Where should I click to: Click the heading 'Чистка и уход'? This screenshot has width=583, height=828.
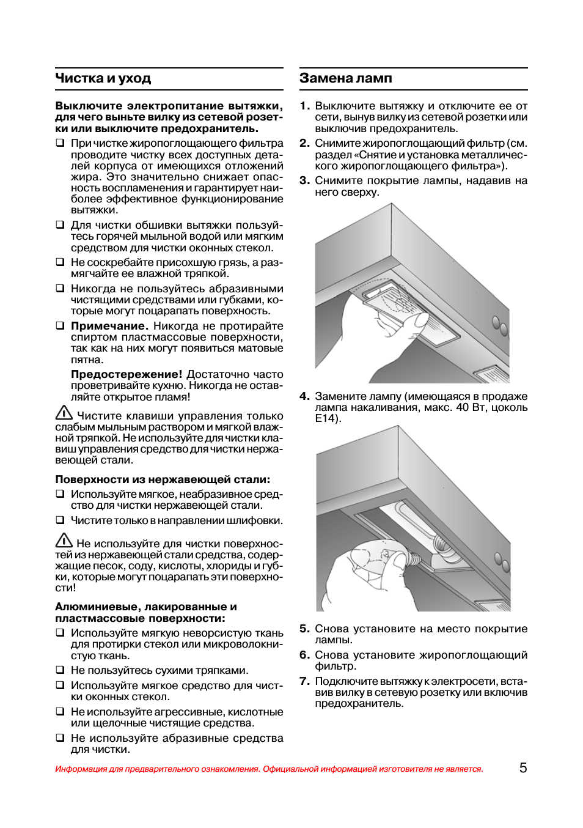(103, 78)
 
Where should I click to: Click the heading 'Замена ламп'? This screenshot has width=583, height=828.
(346, 78)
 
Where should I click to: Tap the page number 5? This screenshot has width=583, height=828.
(523, 768)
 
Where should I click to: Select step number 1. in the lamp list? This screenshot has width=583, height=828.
(305, 106)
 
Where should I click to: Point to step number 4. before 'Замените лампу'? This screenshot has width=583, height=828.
(305, 396)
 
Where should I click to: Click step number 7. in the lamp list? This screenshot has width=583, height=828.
(305, 681)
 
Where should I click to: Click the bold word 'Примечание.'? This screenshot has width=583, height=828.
(109, 326)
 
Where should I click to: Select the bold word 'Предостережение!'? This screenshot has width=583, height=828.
(127, 374)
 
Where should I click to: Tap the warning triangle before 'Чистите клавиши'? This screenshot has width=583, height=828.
(64, 413)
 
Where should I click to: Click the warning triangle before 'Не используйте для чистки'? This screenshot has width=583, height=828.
(64, 541)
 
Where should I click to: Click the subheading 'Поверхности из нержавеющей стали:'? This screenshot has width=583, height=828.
(163, 479)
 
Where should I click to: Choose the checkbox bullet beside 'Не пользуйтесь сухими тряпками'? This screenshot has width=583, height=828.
(60, 670)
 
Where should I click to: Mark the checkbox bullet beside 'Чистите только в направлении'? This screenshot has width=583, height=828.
(60, 520)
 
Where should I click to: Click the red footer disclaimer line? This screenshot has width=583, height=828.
(269, 769)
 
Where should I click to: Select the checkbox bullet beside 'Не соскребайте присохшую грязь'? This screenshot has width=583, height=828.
(60, 262)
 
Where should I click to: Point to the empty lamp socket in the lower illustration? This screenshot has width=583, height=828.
(441, 543)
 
